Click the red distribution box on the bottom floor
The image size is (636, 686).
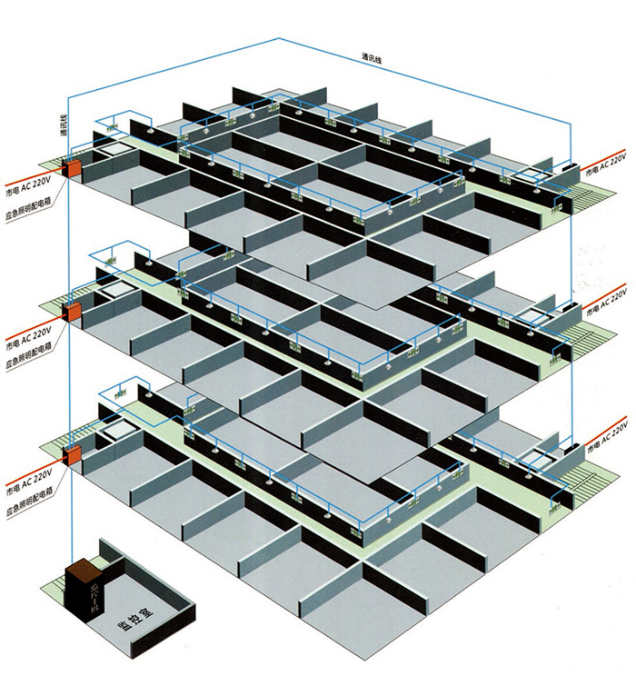click(71, 454)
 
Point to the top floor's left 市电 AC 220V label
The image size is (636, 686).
click(27, 178)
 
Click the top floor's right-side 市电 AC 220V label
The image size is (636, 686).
click(606, 164)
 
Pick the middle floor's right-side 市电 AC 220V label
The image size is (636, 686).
click(606, 304)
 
